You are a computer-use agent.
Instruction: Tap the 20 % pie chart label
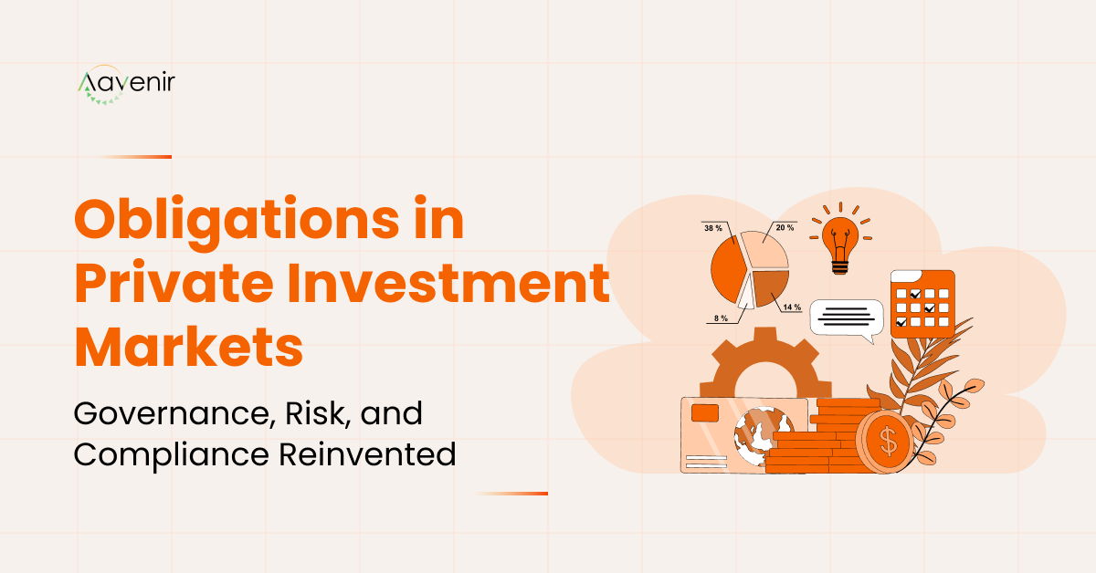click(x=784, y=227)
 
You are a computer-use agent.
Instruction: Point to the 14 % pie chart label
click(x=790, y=307)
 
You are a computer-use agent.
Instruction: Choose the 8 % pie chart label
click(x=721, y=318)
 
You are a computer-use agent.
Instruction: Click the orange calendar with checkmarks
click(x=922, y=303)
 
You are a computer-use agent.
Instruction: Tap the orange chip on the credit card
click(x=704, y=413)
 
